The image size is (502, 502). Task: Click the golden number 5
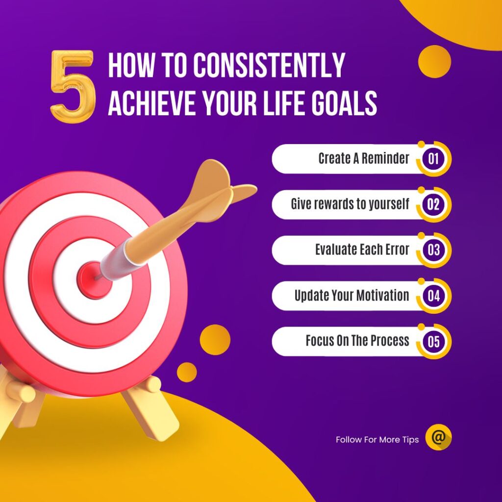pos(73,86)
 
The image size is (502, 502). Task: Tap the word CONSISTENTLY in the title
pos(269,65)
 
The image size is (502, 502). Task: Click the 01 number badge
pos(433,158)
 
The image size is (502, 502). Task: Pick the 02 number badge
pos(433,204)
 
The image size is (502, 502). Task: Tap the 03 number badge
pos(433,250)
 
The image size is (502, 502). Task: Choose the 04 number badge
pos(433,296)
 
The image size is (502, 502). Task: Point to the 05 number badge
pos(433,341)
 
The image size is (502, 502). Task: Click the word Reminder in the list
pos(385,158)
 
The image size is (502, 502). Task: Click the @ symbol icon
pos(438,437)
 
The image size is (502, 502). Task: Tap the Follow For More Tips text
pos(377,440)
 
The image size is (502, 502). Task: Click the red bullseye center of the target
pos(94,280)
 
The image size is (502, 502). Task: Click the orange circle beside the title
pos(434,61)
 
